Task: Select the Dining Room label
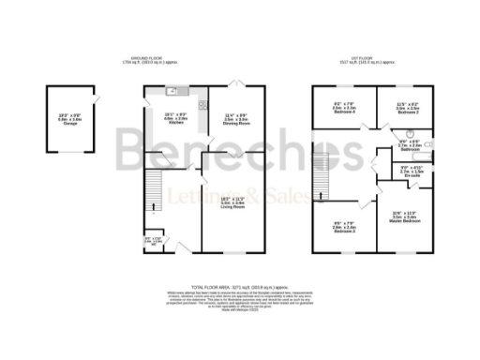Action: pyautogui.click(x=235, y=120)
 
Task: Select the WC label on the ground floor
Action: pyautogui.click(x=151, y=241)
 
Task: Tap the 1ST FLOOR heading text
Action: pyautogui.click(x=376, y=58)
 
